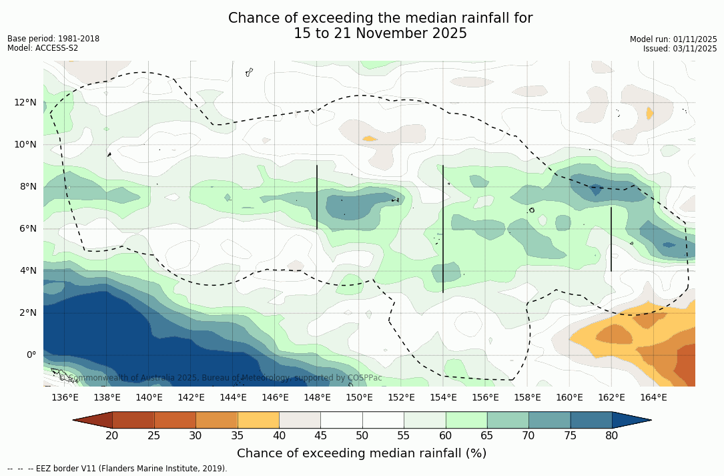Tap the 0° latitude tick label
click(x=31, y=354)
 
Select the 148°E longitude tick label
click(x=317, y=398)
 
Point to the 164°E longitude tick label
click(x=653, y=398)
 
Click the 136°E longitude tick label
click(x=65, y=398)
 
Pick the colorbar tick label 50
click(x=362, y=436)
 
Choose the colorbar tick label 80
click(x=612, y=436)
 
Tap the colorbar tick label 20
click(x=112, y=436)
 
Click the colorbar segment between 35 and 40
click(x=258, y=420)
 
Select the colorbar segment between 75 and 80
click(x=591, y=420)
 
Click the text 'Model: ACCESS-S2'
click(x=43, y=48)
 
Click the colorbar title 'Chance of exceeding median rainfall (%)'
click(x=362, y=453)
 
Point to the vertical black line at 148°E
click(x=317, y=198)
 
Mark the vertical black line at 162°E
click(x=611, y=239)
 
